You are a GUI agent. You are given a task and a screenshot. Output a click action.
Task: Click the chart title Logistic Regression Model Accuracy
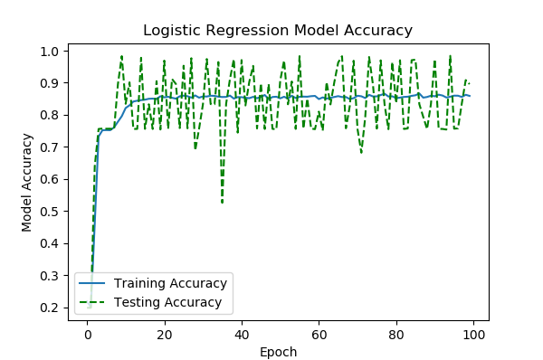[277, 31]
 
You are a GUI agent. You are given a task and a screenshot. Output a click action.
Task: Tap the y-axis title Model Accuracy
[28, 182]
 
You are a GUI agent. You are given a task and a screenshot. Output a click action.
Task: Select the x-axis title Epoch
[279, 352]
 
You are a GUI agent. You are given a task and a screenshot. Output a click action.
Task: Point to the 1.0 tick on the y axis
[52, 51]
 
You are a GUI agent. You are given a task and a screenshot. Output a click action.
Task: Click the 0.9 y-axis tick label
[52, 83]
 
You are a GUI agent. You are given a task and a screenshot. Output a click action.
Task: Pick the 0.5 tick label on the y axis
[52, 212]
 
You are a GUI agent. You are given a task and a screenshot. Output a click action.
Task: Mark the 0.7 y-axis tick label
[52, 147]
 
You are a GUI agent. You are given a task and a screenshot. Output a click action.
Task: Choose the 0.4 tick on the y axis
[52, 243]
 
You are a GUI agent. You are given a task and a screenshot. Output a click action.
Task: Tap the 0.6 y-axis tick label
[52, 179]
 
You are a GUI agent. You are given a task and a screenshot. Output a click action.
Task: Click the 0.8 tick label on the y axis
[52, 115]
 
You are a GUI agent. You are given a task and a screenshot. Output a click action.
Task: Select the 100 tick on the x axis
[473, 335]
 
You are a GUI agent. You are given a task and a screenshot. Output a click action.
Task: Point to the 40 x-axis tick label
[242, 335]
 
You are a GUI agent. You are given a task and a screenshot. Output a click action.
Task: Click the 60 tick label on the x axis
[319, 335]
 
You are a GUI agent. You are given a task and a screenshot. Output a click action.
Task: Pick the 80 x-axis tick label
[395, 335]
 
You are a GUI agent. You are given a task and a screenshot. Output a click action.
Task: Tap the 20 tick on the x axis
[165, 335]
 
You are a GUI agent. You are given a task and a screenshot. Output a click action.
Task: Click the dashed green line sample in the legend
[95, 302]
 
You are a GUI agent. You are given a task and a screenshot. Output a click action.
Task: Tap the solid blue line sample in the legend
[95, 283]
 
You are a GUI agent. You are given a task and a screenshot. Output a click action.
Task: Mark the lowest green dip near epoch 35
[223, 203]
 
